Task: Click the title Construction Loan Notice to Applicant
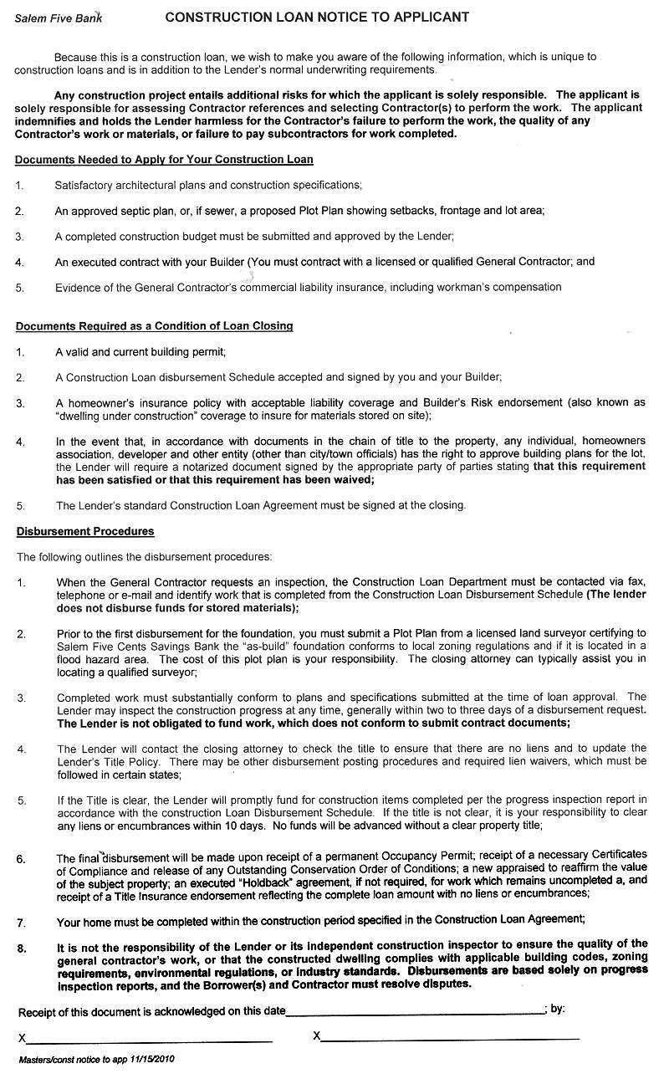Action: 317,17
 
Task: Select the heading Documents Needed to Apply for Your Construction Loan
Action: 164,159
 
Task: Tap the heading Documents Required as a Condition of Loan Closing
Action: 154,326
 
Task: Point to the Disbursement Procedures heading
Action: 85,531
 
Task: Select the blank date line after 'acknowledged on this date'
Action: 415,1013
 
